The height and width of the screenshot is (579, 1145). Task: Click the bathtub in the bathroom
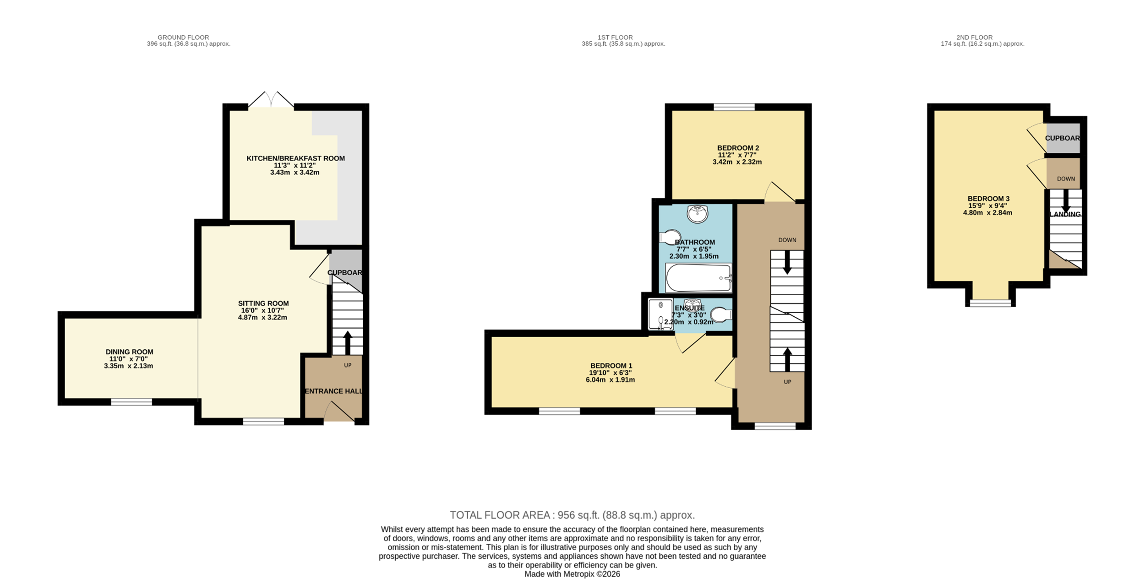[x=698, y=278]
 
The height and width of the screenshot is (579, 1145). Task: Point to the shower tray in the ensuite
[x=660, y=314]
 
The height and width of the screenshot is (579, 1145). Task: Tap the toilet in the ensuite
[x=721, y=315]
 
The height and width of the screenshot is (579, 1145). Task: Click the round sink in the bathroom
[x=698, y=214]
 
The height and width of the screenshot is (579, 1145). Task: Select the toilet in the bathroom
[x=670, y=237]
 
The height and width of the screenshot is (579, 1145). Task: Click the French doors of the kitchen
[x=271, y=100]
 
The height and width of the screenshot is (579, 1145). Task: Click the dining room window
[x=131, y=402]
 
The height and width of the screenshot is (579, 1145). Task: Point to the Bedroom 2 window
[x=734, y=107]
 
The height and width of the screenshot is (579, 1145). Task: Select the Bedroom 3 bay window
[x=990, y=303]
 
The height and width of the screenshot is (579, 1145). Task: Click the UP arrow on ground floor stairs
[x=348, y=342]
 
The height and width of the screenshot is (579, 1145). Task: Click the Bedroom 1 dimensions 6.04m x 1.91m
[x=610, y=379]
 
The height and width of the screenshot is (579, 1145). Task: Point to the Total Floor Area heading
[x=572, y=515]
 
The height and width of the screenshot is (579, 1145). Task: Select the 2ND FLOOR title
[x=974, y=38]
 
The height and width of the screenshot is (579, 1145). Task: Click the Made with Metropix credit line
[x=572, y=574]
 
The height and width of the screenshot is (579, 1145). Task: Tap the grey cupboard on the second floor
[x=1063, y=138]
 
